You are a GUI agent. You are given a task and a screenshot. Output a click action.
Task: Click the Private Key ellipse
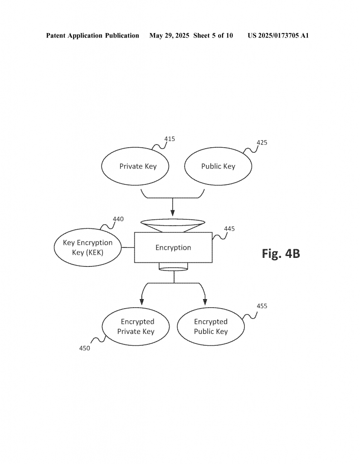tap(135, 166)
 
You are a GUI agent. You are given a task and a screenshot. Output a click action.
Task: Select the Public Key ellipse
tap(218, 166)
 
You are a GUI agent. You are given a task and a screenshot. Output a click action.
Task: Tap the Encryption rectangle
tap(173, 247)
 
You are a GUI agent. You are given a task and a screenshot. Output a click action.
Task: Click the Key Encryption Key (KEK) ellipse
tap(88, 247)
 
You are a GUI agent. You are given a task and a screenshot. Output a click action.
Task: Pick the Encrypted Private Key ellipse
tap(136, 326)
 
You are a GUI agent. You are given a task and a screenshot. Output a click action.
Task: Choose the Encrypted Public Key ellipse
tap(211, 326)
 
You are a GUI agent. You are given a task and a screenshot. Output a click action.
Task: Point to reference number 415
tap(170, 139)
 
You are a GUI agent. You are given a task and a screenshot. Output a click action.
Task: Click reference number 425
tap(262, 143)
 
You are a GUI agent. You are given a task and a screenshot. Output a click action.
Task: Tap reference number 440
tap(118, 219)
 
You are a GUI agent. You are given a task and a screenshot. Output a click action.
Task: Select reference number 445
tap(229, 229)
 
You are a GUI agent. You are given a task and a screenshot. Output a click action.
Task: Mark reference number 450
tap(84, 348)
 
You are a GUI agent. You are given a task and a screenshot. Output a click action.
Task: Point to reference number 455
tap(262, 306)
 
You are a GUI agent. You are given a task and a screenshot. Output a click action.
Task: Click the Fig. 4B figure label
tap(281, 254)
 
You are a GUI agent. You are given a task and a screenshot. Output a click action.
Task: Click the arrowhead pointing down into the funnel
tap(173, 213)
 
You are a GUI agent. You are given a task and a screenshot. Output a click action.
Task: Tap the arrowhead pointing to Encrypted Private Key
tap(142, 302)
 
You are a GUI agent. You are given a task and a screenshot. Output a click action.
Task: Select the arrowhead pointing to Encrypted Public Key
tap(205, 302)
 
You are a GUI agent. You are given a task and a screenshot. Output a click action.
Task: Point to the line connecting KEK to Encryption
tap(128, 247)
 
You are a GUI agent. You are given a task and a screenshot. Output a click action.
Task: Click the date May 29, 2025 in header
tap(169, 36)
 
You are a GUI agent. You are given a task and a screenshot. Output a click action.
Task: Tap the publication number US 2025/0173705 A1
tap(278, 36)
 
